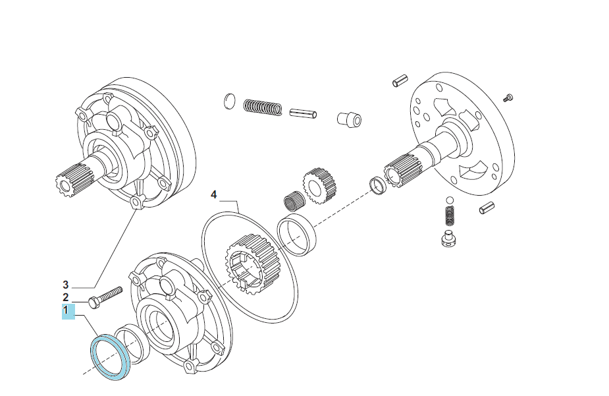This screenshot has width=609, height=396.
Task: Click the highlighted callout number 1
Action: click(68, 312)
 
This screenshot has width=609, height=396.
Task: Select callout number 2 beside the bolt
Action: click(66, 298)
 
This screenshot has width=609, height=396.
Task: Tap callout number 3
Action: click(66, 285)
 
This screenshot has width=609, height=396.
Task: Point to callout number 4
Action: click(213, 194)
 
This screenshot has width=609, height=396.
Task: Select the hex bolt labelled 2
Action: click(105, 297)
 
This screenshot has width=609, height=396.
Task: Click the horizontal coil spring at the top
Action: click(263, 107)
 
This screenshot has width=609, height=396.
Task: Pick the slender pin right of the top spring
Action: click(303, 113)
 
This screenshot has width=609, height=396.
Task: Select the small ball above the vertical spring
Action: click(450, 200)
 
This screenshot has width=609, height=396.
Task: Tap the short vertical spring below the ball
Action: click(449, 215)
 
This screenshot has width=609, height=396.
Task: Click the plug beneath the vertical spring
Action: click(450, 239)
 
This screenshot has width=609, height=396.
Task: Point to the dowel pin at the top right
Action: click(400, 80)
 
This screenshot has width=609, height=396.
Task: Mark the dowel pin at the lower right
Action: click(487, 208)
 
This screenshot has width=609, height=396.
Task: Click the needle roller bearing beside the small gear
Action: click(293, 202)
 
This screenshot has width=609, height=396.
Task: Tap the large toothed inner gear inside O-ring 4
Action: click(248, 264)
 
